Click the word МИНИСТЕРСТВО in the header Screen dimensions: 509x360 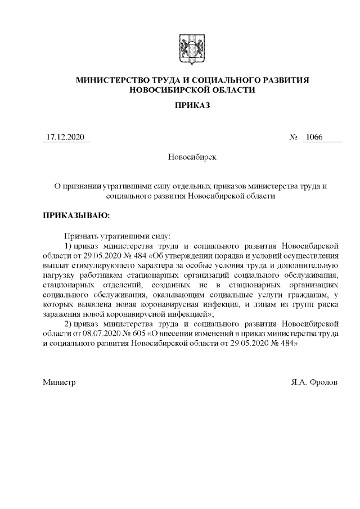pos(112,80)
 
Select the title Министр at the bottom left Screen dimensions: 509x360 pos(59,382)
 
